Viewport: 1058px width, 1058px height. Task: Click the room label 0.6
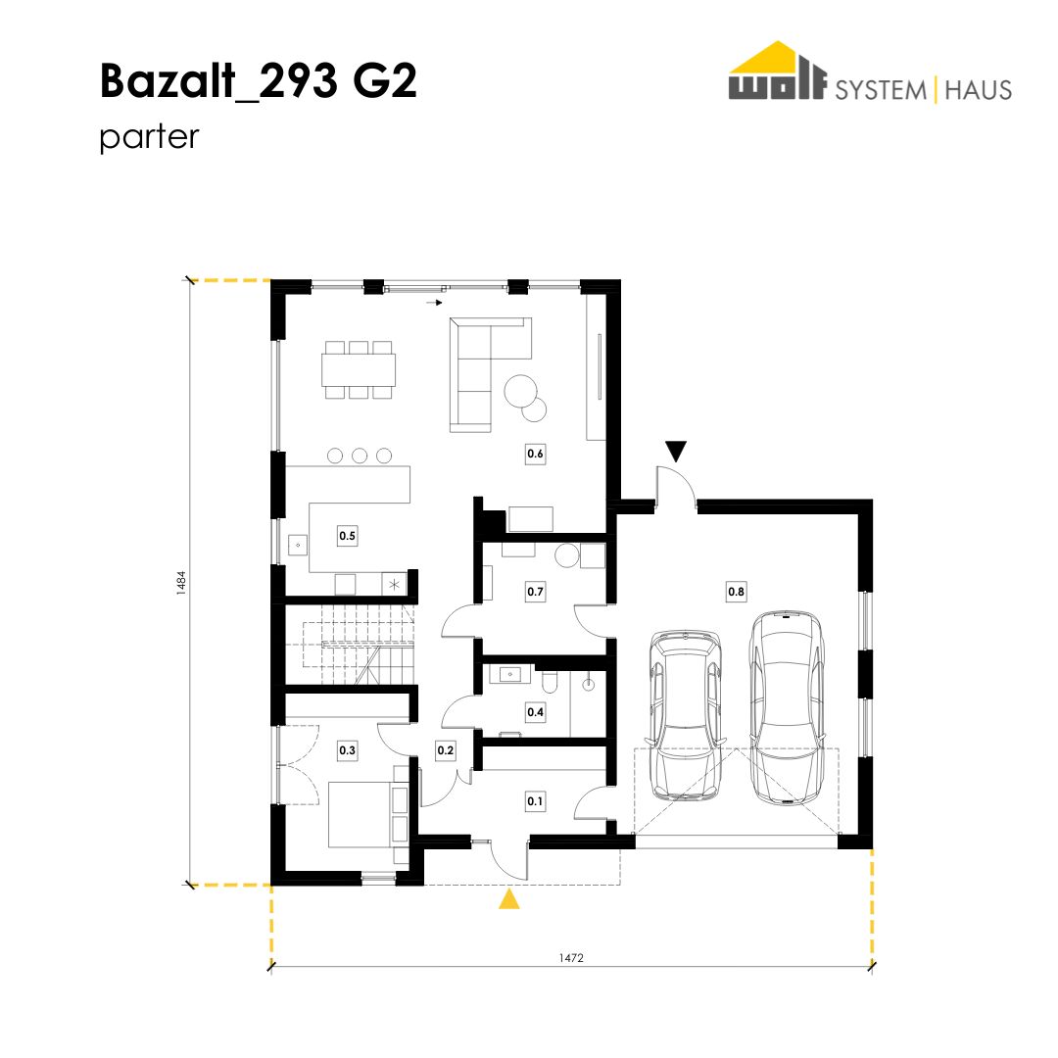click(535, 455)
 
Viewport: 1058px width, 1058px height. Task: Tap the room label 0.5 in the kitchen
click(347, 536)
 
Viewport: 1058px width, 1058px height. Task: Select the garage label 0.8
click(736, 592)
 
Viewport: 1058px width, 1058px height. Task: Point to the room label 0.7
click(535, 592)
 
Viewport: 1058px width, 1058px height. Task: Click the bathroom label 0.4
click(535, 712)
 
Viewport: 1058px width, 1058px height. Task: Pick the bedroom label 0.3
click(347, 750)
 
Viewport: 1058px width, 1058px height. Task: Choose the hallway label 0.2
click(446, 750)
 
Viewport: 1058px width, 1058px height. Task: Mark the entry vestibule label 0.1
click(535, 801)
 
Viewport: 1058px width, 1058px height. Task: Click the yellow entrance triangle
click(509, 900)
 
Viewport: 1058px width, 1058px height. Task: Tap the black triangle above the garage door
click(676, 450)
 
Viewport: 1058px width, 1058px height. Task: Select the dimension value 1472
click(571, 957)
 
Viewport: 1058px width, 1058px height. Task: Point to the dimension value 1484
click(181, 583)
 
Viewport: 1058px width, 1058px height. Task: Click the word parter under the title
click(149, 137)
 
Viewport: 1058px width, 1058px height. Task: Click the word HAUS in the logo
click(979, 90)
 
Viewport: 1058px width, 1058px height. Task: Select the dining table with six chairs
click(359, 369)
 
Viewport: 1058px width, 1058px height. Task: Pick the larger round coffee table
click(521, 391)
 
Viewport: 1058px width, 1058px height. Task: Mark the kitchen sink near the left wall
click(298, 545)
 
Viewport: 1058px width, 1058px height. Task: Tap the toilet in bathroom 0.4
click(550, 683)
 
